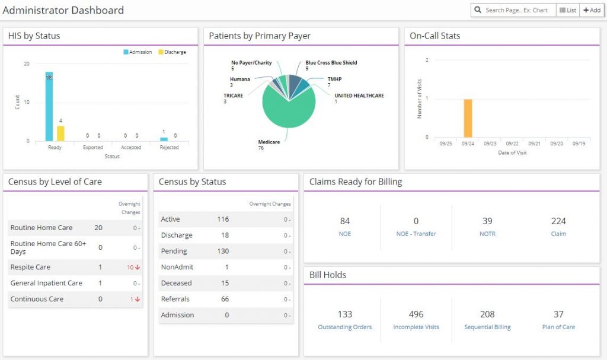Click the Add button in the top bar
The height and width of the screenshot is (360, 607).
click(x=592, y=10)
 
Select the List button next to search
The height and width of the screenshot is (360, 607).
click(x=567, y=10)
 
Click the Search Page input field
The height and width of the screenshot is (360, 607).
click(x=516, y=10)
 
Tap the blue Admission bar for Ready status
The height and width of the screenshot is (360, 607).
click(x=49, y=107)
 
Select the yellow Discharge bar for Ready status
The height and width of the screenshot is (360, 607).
click(x=60, y=133)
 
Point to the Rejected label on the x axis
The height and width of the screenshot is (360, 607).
click(x=169, y=148)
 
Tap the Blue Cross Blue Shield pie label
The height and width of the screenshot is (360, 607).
click(x=331, y=63)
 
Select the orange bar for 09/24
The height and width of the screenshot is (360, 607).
click(x=468, y=118)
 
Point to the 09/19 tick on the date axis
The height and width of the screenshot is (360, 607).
click(x=579, y=144)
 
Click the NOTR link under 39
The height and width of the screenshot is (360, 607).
click(x=487, y=234)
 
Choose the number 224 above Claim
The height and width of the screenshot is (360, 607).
click(x=558, y=221)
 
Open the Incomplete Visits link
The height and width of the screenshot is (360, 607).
click(x=416, y=327)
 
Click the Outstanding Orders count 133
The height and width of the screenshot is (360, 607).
click(x=345, y=314)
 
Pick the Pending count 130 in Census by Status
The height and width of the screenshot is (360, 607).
click(x=223, y=251)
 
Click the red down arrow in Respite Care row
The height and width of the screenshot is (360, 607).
click(x=138, y=267)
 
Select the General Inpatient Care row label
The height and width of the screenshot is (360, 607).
click(x=46, y=283)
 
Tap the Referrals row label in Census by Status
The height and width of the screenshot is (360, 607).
click(x=175, y=300)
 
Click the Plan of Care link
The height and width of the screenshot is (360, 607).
click(x=558, y=327)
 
